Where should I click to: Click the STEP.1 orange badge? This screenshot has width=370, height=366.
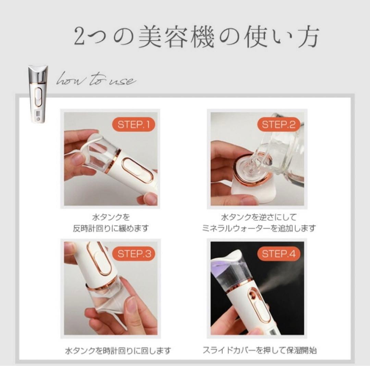134,125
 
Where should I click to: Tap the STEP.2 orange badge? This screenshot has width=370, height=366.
278,125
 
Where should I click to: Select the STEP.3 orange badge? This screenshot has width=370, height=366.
134,254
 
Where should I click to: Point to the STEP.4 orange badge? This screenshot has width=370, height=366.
278,254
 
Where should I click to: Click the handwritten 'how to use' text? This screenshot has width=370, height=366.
96,81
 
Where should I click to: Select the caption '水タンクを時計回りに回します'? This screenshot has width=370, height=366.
118,351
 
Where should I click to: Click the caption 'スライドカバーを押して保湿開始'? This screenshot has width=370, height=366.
259,351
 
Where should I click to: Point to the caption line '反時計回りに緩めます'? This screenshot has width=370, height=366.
111,228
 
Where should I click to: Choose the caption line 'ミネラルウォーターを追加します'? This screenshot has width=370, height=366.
259,228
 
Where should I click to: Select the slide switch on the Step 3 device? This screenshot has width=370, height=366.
99,260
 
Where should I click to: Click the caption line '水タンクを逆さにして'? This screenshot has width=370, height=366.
259,217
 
